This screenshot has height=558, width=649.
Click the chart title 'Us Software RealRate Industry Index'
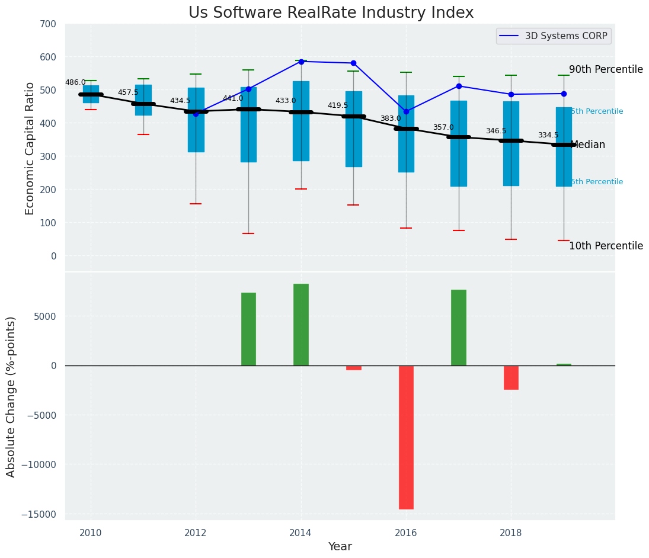pyautogui.click(x=331, y=13)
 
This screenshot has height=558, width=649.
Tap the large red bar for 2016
pyautogui.click(x=406, y=437)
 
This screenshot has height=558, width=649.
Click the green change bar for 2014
pyautogui.click(x=301, y=325)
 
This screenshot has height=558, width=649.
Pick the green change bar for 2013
pyautogui.click(x=248, y=329)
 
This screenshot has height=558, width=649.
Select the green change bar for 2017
pyautogui.click(x=459, y=328)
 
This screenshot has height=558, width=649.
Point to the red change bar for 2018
pyautogui.click(x=511, y=377)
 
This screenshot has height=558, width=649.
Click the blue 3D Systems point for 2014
pyautogui.click(x=301, y=62)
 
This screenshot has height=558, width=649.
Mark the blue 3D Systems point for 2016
pyautogui.click(x=406, y=111)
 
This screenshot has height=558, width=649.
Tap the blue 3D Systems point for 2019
pyautogui.click(x=564, y=94)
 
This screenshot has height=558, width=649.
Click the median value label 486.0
pyautogui.click(x=75, y=83)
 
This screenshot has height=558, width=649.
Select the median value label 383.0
pyautogui.click(x=391, y=119)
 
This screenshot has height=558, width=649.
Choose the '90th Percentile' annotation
pyautogui.click(x=606, y=70)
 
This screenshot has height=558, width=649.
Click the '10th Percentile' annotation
pyautogui.click(x=606, y=246)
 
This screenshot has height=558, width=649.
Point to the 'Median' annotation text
pyautogui.click(x=588, y=145)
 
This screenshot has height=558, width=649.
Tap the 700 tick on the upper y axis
pyautogui.click(x=49, y=24)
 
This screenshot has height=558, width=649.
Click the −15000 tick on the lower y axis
pyautogui.click(x=39, y=514)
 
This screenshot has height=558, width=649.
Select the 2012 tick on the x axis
pyautogui.click(x=196, y=533)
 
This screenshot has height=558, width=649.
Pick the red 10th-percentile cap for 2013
pyautogui.click(x=248, y=233)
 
